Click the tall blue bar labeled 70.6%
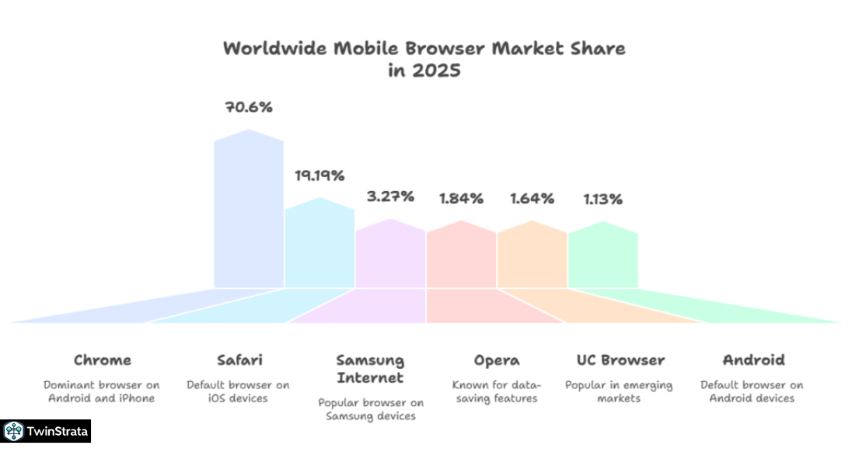tap(249, 210)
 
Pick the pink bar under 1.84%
tap(461, 256)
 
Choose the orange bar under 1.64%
tap(532, 256)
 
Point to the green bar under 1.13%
tap(602, 256)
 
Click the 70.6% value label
tap(249, 107)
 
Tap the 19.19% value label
tap(319, 176)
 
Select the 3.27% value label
tap(390, 196)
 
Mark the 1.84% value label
tap(461, 198)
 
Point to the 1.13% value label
tap(603, 199)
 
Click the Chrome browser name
tap(103, 360)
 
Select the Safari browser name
tap(239, 360)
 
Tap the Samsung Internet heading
tap(370, 369)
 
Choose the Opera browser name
tap(497, 360)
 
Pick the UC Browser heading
tap(620, 360)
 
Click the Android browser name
tap(753, 360)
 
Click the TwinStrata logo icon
tap(13, 431)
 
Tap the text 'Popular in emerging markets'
tap(619, 391)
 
